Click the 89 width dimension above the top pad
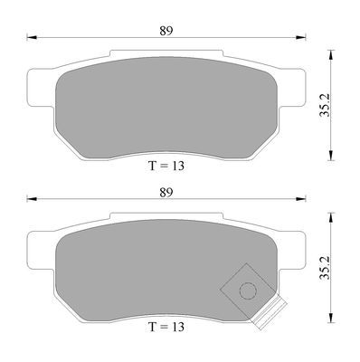point(166,31)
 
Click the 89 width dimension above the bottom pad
point(166,193)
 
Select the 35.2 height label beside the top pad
point(326,105)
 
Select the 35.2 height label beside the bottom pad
point(326,268)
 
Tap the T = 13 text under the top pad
point(166,166)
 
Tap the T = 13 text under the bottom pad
point(166,327)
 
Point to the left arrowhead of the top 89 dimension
point(32,37)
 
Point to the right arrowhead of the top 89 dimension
point(300,37)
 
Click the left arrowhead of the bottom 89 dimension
point(32,199)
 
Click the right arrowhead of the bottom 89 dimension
point(300,199)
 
